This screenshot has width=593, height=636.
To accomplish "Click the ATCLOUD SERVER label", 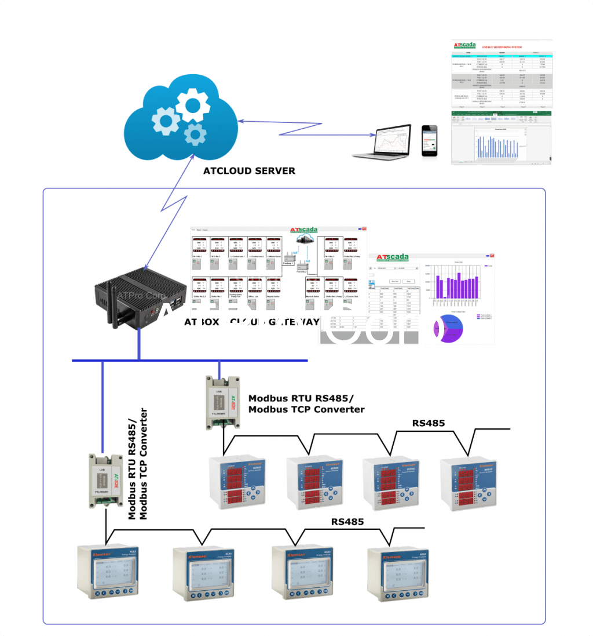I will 249,171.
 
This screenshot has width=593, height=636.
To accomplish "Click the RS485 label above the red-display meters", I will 429,423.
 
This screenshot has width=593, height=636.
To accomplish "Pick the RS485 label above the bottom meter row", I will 347,522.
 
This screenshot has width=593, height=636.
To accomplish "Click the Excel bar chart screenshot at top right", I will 500,139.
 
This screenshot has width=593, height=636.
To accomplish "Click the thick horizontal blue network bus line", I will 191,360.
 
